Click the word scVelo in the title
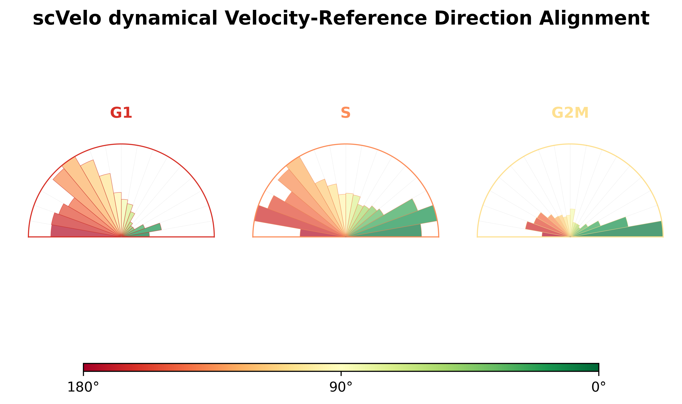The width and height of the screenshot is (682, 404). (67, 19)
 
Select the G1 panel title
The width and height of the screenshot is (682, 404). (121, 113)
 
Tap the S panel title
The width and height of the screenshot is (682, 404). (346, 113)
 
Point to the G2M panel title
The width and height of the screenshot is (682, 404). (570, 113)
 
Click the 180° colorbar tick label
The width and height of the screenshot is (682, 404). (83, 387)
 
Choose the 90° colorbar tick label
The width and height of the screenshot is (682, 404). (341, 387)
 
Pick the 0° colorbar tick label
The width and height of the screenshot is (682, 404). (599, 387)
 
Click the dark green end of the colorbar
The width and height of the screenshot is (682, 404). (595, 367)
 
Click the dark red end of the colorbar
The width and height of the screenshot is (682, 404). (87, 367)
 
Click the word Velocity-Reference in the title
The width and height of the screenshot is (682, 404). (326, 19)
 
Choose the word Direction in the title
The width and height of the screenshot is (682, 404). (483, 19)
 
